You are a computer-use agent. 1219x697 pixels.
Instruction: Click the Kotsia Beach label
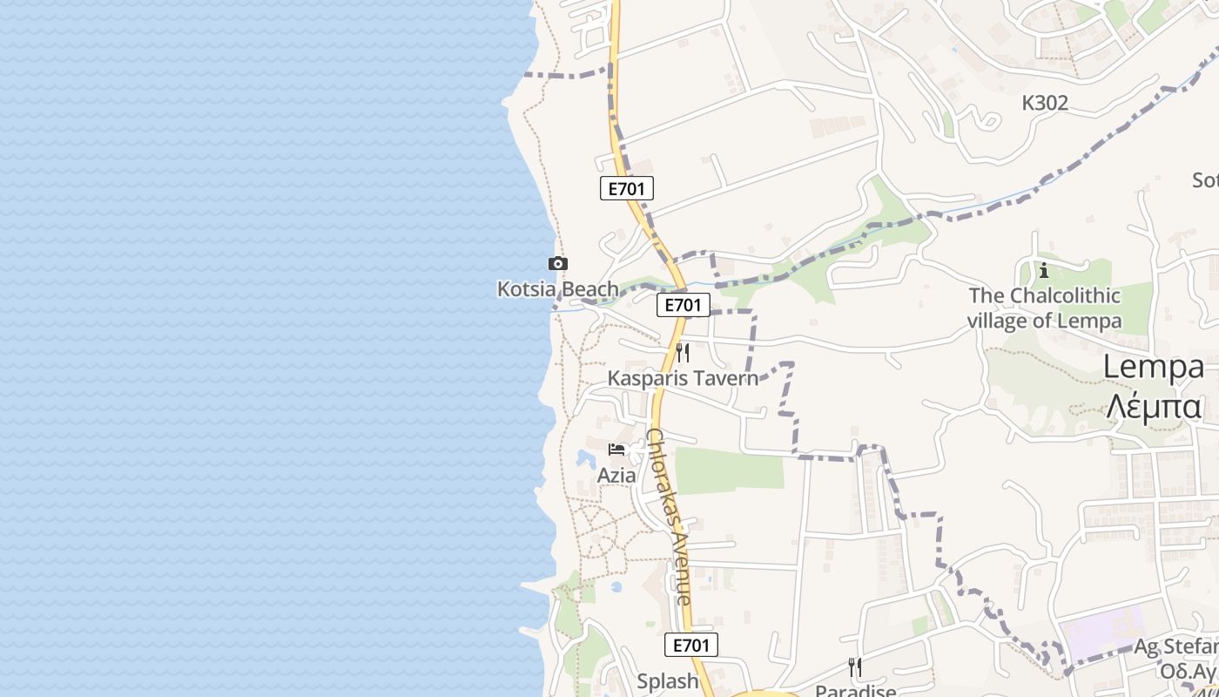pyautogui.click(x=557, y=288)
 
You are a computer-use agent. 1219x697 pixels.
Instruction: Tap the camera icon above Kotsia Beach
pyautogui.click(x=557, y=263)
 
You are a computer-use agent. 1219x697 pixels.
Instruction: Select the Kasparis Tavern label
pyautogui.click(x=683, y=378)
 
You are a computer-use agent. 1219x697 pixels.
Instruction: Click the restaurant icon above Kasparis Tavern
pyautogui.click(x=683, y=353)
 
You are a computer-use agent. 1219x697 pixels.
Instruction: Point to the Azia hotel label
pyautogui.click(x=616, y=476)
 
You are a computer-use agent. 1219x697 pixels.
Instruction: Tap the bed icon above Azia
pyautogui.click(x=617, y=450)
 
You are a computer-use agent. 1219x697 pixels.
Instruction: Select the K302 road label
pyautogui.click(x=1045, y=103)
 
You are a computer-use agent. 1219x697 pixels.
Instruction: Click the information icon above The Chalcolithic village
pyautogui.click(x=1044, y=270)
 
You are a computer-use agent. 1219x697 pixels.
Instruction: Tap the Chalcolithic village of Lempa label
pyautogui.click(x=1044, y=308)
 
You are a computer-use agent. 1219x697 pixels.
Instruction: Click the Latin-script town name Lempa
pyautogui.click(x=1154, y=367)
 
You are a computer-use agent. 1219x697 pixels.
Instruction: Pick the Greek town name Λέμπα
pyautogui.click(x=1154, y=406)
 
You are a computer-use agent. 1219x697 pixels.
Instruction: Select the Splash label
pyautogui.click(x=668, y=681)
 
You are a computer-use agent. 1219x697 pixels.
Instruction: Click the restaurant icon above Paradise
pyautogui.click(x=855, y=667)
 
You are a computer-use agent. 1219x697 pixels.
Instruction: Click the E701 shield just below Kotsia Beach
pyautogui.click(x=684, y=305)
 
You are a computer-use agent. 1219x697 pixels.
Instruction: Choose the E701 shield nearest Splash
pyautogui.click(x=691, y=645)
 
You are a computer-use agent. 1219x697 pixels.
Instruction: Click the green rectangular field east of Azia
pyautogui.click(x=729, y=470)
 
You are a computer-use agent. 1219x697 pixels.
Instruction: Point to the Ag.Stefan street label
pyautogui.click(x=1175, y=647)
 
